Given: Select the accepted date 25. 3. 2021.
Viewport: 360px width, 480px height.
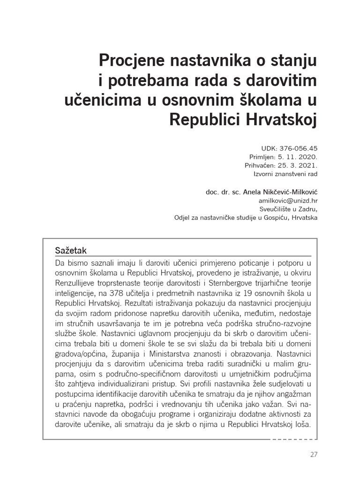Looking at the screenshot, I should pos(298,165).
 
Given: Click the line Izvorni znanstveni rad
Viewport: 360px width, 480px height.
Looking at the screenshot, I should pos(286,174).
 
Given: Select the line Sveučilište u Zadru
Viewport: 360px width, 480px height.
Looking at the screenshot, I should pos(288,209).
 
